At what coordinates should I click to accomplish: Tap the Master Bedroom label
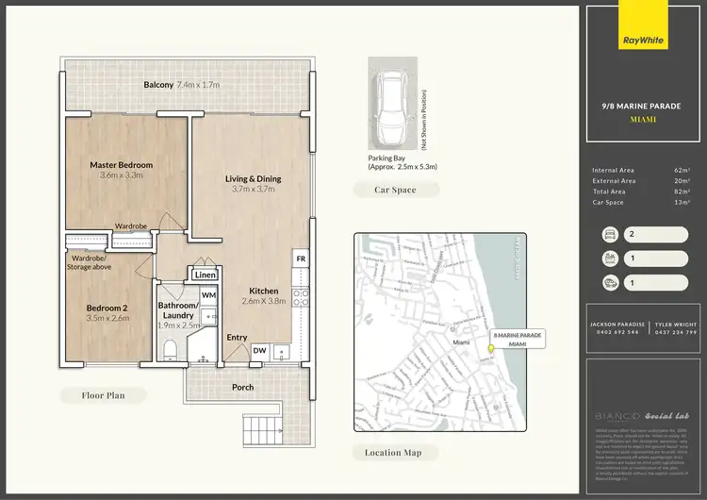[x=121, y=165]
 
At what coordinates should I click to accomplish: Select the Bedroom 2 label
[x=107, y=308]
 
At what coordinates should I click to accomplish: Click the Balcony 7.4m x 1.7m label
[x=181, y=85]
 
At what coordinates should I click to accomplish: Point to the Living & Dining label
[x=253, y=179]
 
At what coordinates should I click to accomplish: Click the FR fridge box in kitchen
[x=301, y=258]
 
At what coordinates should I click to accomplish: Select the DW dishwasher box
[x=259, y=351]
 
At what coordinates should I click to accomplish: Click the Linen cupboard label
[x=205, y=275]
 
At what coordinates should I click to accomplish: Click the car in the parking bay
[x=390, y=103]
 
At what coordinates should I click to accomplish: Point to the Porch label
[x=242, y=387]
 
